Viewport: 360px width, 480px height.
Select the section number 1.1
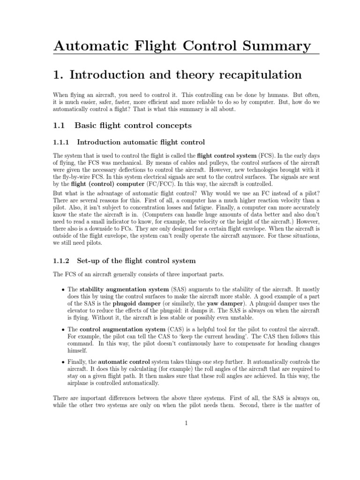(x=60, y=125)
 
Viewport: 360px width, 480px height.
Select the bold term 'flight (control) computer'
(x=100, y=185)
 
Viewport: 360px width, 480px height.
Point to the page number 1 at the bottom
(x=186, y=424)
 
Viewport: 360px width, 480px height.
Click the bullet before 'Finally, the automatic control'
(x=63, y=362)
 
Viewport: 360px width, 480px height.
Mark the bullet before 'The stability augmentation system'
(x=63, y=290)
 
